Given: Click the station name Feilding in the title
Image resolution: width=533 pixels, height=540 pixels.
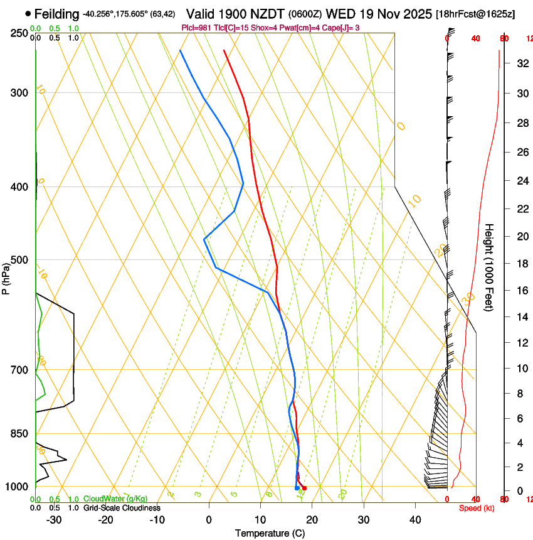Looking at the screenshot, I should pyautogui.click(x=57, y=14).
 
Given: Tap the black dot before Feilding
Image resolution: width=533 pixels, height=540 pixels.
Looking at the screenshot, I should pyautogui.click(x=28, y=13).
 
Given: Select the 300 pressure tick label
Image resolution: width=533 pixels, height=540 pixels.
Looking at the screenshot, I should pyautogui.click(x=19, y=93).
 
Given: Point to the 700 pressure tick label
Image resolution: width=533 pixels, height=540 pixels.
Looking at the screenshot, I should pyautogui.click(x=19, y=370).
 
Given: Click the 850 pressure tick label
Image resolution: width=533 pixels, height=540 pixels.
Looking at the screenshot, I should pyautogui.click(x=19, y=434).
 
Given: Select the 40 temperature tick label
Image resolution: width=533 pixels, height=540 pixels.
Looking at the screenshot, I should pyautogui.click(x=415, y=520).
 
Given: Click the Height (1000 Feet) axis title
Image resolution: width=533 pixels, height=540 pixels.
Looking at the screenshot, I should pyautogui.click(x=490, y=267).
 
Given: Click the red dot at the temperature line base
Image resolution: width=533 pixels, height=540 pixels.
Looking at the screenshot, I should pyautogui.click(x=304, y=488).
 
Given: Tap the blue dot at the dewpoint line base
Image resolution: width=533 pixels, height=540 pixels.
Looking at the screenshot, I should pyautogui.click(x=297, y=488).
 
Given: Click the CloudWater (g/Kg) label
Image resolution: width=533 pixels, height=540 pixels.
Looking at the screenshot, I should pyautogui.click(x=115, y=499).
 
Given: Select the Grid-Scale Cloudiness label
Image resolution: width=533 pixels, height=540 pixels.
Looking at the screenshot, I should pyautogui.click(x=122, y=508).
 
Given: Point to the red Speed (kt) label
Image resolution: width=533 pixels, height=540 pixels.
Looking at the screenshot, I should pyautogui.click(x=477, y=508).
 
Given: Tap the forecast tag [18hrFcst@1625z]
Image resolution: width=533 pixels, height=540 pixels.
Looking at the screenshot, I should pyautogui.click(x=475, y=14).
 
